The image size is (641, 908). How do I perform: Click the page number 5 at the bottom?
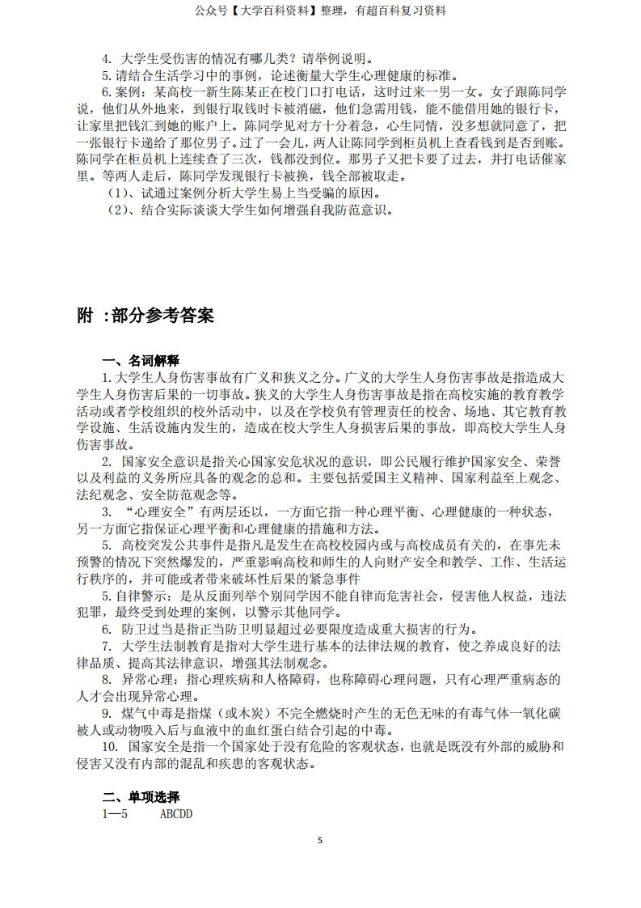pos(320,840)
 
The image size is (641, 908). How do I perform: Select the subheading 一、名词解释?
pos(140,361)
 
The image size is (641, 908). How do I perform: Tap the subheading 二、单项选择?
pos(140,796)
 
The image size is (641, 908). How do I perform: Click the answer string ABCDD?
pos(176,813)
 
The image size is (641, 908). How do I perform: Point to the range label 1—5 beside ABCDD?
pos(115,813)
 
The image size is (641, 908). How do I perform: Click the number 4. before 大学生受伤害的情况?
pos(106,58)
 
